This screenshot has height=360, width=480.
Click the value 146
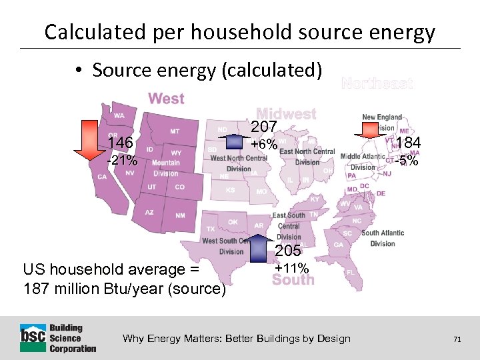[x=120, y=142]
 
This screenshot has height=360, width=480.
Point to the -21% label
[x=122, y=161]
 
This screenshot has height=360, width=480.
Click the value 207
[x=264, y=127]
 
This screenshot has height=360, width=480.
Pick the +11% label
[x=291, y=268]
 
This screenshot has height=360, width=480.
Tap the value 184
[x=407, y=143]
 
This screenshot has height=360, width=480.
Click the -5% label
[x=406, y=161]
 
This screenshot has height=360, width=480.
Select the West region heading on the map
[x=166, y=99]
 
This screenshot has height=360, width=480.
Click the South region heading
[x=293, y=280]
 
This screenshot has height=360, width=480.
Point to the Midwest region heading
[x=286, y=114]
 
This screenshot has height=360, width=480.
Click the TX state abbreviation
[x=211, y=229]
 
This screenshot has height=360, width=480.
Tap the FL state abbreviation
[x=350, y=273]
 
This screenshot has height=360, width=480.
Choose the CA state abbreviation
[x=102, y=177]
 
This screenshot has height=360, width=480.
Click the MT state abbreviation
[x=175, y=131]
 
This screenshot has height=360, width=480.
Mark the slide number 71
[x=457, y=339]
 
